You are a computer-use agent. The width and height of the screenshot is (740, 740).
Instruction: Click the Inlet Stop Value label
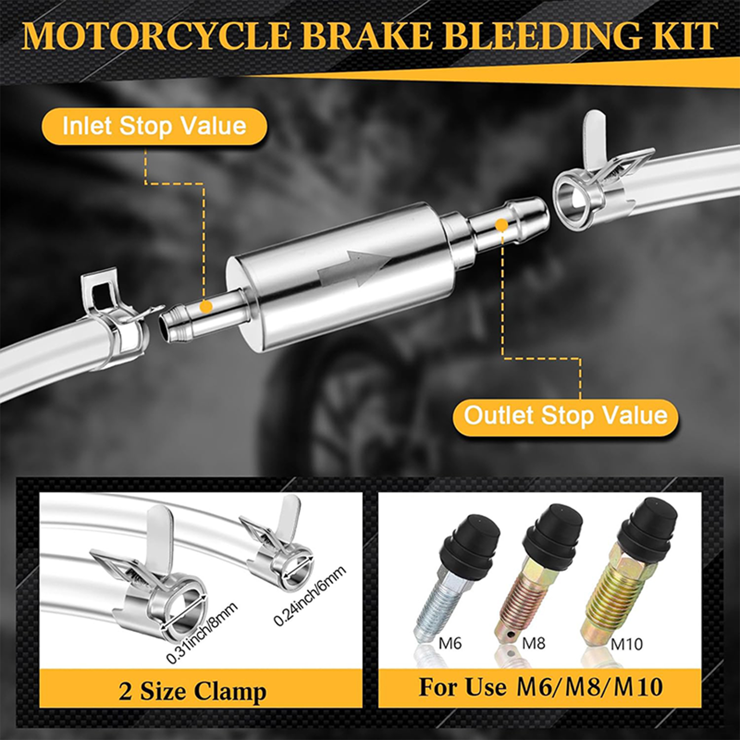pos(154,126)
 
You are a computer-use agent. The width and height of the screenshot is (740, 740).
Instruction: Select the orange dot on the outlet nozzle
pos(501,225)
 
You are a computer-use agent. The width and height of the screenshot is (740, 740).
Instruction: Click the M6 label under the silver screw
pos(450,643)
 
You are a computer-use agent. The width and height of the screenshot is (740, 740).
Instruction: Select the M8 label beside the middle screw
pos(534,643)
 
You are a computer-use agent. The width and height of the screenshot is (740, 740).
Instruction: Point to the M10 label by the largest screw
pos(626,644)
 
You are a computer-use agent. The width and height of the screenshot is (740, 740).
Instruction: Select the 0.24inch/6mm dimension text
pos(309,596)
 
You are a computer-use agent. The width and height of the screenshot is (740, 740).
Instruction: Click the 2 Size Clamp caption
pos(192,691)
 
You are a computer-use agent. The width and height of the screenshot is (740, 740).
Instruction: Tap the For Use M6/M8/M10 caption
pos(540,687)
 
